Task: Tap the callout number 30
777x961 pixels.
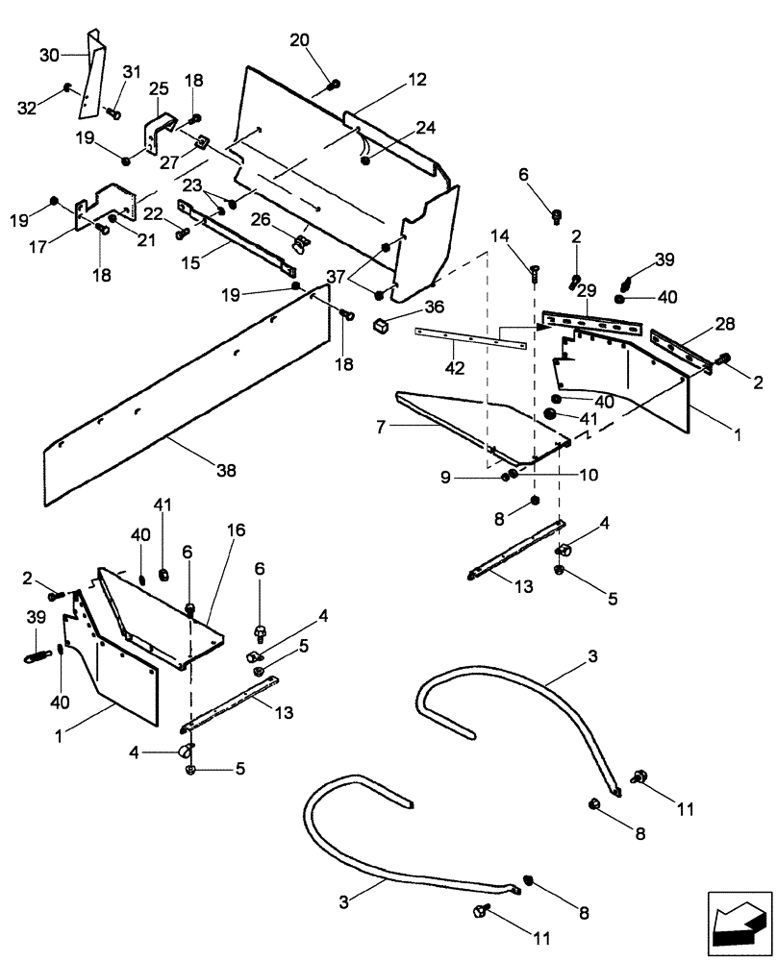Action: click(x=49, y=55)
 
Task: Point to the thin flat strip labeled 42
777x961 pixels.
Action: click(x=471, y=338)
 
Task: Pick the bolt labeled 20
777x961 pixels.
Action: click(x=331, y=84)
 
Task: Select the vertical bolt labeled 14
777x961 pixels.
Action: click(x=535, y=276)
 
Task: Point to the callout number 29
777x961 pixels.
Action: click(x=587, y=289)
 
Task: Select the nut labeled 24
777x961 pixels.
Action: click(x=366, y=160)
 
